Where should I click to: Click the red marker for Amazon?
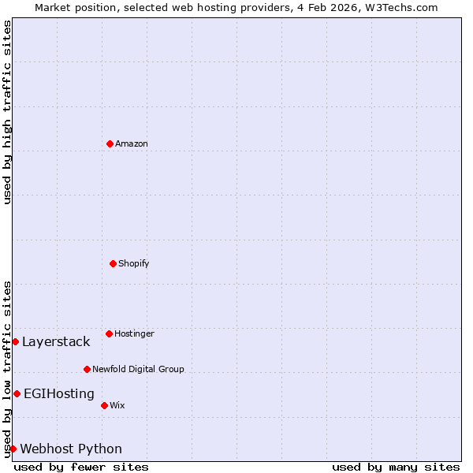[110, 143]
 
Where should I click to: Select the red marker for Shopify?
[113, 263]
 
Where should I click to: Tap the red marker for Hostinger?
[109, 333]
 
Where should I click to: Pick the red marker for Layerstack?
[15, 341]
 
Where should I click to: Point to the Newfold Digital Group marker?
[87, 369]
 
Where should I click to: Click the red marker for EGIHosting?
[17, 393]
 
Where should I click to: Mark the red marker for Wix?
[104, 405]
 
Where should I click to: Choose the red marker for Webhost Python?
[13, 449]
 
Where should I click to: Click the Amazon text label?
[132, 143]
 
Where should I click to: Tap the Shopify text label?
[134, 263]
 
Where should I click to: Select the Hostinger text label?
[134, 333]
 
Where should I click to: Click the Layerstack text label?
[56, 341]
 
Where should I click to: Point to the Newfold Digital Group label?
[138, 369]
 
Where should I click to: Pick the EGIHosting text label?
[59, 393]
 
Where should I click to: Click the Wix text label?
[117, 405]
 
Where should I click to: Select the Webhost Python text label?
[71, 449]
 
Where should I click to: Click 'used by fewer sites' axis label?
[81, 467]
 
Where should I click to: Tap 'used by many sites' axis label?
[396, 467]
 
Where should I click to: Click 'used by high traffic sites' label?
[7, 112]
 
